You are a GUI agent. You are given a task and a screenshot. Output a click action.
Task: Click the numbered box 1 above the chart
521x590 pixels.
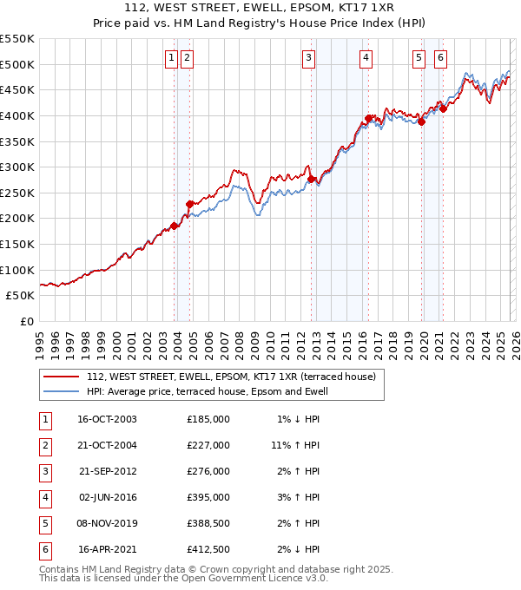171,58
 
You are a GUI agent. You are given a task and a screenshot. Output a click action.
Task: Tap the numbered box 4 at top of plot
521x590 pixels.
366,58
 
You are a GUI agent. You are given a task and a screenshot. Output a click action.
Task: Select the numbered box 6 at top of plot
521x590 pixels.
441,58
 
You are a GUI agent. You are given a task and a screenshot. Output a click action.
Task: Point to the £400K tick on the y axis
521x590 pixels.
17,115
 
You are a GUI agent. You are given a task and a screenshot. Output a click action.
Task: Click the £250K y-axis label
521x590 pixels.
17,193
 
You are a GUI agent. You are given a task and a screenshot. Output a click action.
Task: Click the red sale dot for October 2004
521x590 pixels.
190,204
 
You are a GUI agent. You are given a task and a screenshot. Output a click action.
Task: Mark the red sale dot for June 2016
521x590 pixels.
368,118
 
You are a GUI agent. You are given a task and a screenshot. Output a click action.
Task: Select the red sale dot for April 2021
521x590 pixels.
443,108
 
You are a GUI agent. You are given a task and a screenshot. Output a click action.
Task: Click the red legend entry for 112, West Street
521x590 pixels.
230,377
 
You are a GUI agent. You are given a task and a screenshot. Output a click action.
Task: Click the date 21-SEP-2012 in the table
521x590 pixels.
108,472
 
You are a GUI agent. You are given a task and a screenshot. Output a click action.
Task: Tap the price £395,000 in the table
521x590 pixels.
208,498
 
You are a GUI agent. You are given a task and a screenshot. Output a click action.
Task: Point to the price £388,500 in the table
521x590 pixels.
208,524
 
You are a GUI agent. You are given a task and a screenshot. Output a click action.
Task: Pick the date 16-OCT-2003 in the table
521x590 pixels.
108,419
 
